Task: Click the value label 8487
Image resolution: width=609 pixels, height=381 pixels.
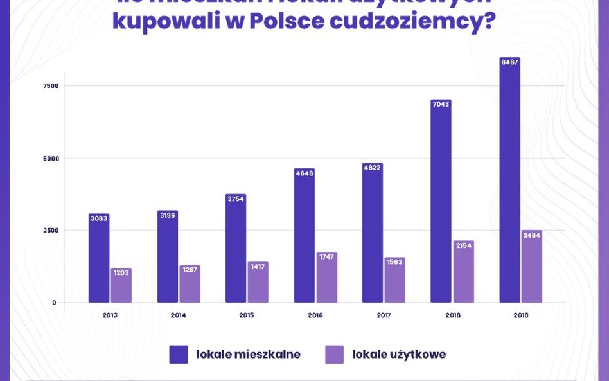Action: tap(509, 62)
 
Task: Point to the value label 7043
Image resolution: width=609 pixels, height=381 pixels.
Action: tap(441, 104)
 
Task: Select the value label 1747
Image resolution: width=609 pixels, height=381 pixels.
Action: tap(326, 257)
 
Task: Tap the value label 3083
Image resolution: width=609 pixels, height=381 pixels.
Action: tap(99, 218)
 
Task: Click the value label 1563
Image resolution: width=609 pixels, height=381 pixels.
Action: tap(394, 262)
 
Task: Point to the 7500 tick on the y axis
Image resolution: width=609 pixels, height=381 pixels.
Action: tap(50, 86)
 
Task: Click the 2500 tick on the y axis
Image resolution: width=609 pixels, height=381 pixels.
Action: tap(50, 231)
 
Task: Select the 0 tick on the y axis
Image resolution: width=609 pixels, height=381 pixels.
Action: tap(54, 303)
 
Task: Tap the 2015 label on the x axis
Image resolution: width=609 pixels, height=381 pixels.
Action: tap(247, 315)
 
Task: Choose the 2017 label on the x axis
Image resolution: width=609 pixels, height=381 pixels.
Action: tap(384, 315)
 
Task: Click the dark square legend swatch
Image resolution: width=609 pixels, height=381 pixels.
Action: tap(179, 355)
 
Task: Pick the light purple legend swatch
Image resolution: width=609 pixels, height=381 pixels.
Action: tap(334, 355)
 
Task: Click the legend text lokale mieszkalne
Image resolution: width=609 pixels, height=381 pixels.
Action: tap(248, 355)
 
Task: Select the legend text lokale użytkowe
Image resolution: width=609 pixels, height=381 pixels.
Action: tap(399, 355)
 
